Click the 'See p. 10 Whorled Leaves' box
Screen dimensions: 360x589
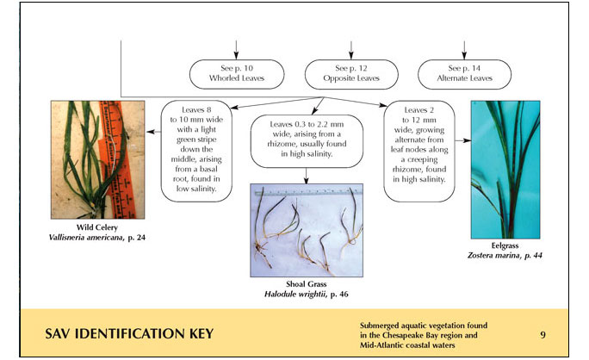237,73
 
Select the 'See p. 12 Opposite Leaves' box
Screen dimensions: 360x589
351,73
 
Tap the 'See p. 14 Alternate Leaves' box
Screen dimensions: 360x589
465,73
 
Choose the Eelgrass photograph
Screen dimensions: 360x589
505,169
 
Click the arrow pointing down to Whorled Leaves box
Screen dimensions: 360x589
237,48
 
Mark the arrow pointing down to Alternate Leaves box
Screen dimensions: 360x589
465,48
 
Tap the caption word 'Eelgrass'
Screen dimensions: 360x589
505,246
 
